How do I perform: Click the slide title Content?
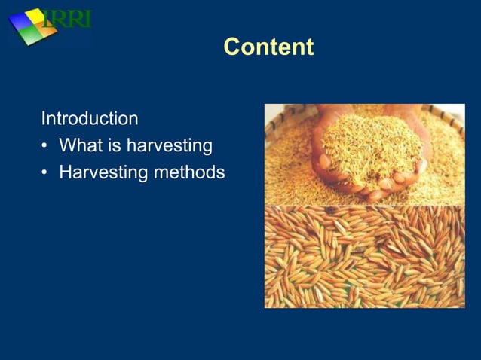268,47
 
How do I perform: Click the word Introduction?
89,119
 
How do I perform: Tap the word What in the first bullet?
81,145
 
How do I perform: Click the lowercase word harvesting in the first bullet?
170,146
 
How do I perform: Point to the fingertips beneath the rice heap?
377,188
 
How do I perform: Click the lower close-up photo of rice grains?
364,256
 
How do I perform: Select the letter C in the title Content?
231,47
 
